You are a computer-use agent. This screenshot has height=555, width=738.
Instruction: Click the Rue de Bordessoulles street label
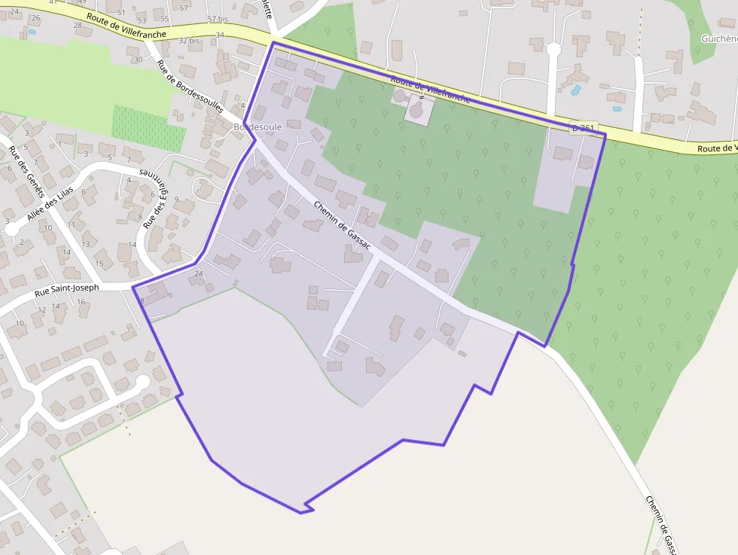(x=190, y=85)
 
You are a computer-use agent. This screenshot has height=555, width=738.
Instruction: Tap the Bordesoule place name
(x=258, y=127)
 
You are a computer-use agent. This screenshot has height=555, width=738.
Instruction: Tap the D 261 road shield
(x=584, y=129)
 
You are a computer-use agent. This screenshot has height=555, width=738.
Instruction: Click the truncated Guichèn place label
(x=718, y=38)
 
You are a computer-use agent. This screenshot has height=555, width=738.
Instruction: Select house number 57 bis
(x=217, y=18)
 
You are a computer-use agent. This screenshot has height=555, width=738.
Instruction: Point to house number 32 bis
(x=190, y=40)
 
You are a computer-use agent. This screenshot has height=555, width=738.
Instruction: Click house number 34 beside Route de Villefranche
(x=220, y=35)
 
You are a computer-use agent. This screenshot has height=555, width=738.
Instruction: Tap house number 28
(x=78, y=25)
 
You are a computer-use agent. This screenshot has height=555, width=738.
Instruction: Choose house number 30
(x=137, y=59)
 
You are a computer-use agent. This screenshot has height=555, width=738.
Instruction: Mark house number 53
(x=142, y=20)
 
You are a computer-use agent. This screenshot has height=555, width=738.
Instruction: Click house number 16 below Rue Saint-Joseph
(x=81, y=302)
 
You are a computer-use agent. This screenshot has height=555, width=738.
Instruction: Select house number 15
(x=99, y=263)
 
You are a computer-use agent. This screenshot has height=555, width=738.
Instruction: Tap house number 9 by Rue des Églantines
(x=176, y=200)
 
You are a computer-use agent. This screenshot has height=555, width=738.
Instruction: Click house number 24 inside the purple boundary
(x=199, y=273)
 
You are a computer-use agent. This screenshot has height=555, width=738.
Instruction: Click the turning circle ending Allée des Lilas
(x=12, y=229)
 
